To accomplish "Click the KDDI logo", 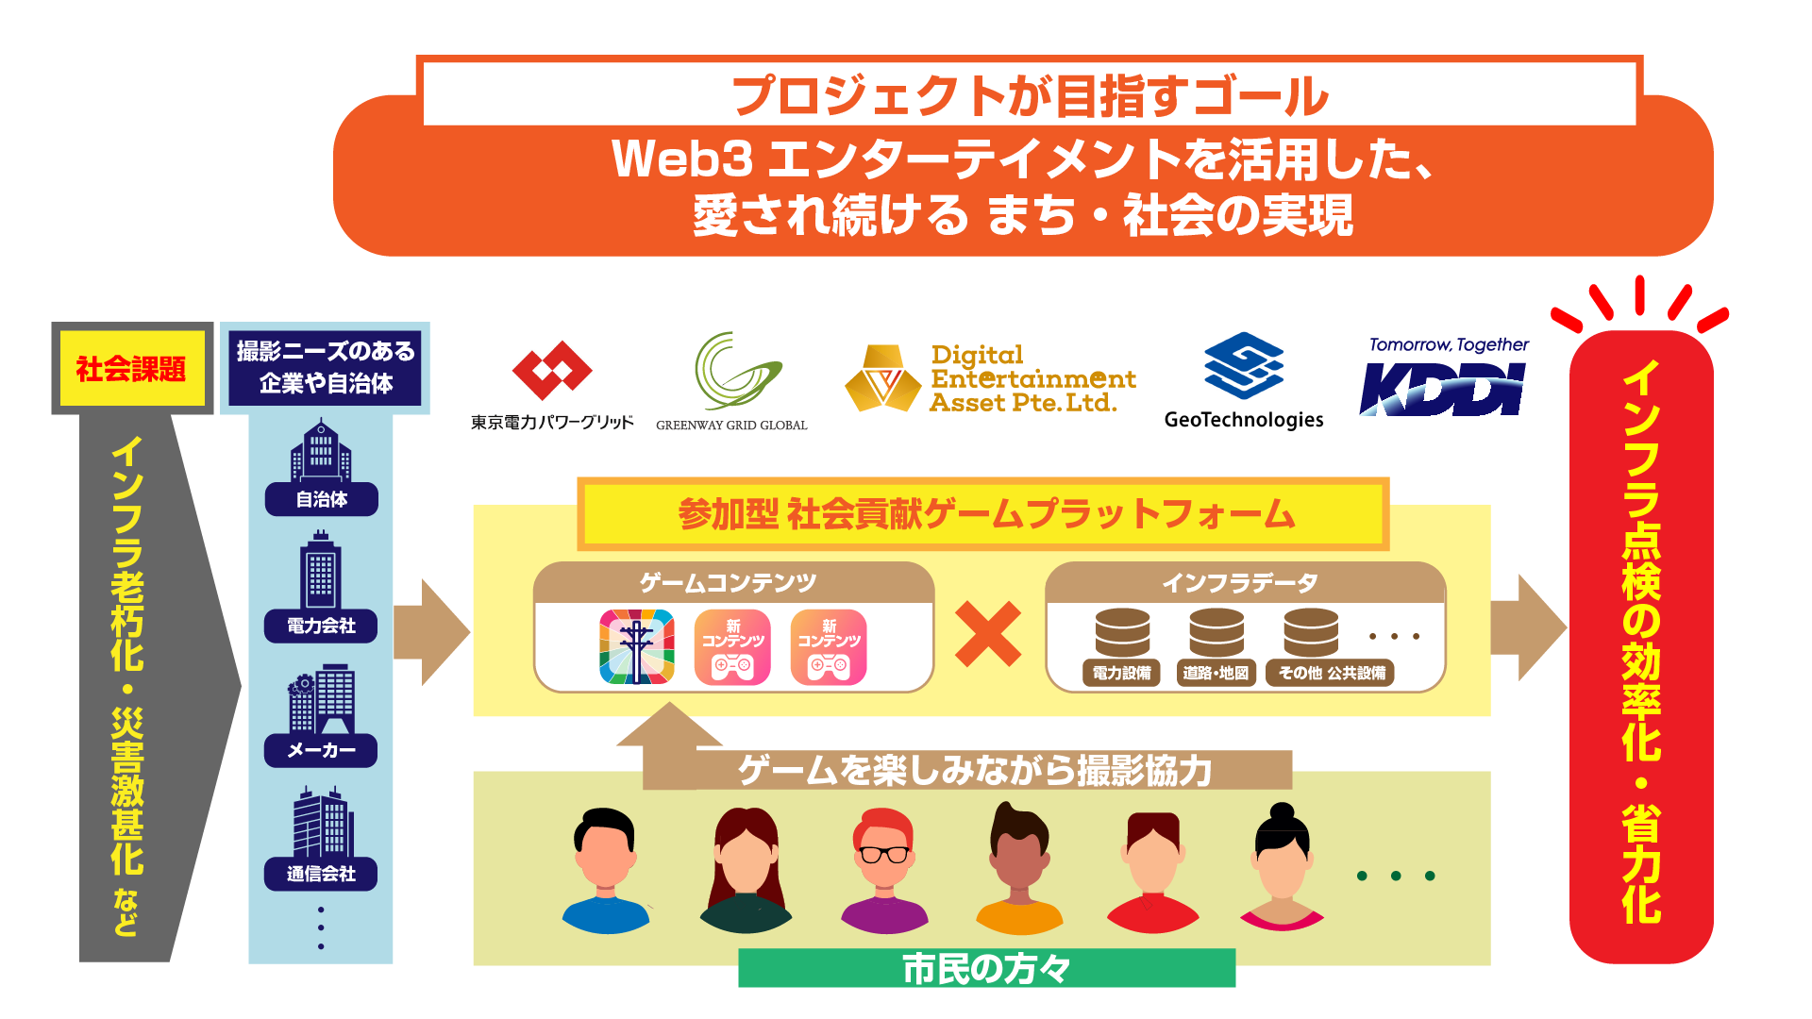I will click(x=1442, y=389).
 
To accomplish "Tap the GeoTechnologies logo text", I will click(x=1243, y=420).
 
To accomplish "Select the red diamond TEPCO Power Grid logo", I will click(x=551, y=371).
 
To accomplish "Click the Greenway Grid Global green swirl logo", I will click(x=735, y=371).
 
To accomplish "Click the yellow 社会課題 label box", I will click(x=131, y=368).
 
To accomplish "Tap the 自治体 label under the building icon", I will click(x=321, y=499).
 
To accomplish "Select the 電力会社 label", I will click(x=321, y=626).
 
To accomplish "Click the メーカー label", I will click(x=321, y=750).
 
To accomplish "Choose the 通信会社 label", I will click(x=321, y=874).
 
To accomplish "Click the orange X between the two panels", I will click(x=988, y=634).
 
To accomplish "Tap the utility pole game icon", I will click(x=637, y=647).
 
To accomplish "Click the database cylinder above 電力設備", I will click(x=1122, y=632).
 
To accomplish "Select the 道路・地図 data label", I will click(x=1216, y=673).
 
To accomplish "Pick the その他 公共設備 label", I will click(x=1331, y=673).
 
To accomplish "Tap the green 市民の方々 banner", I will click(x=986, y=968).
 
